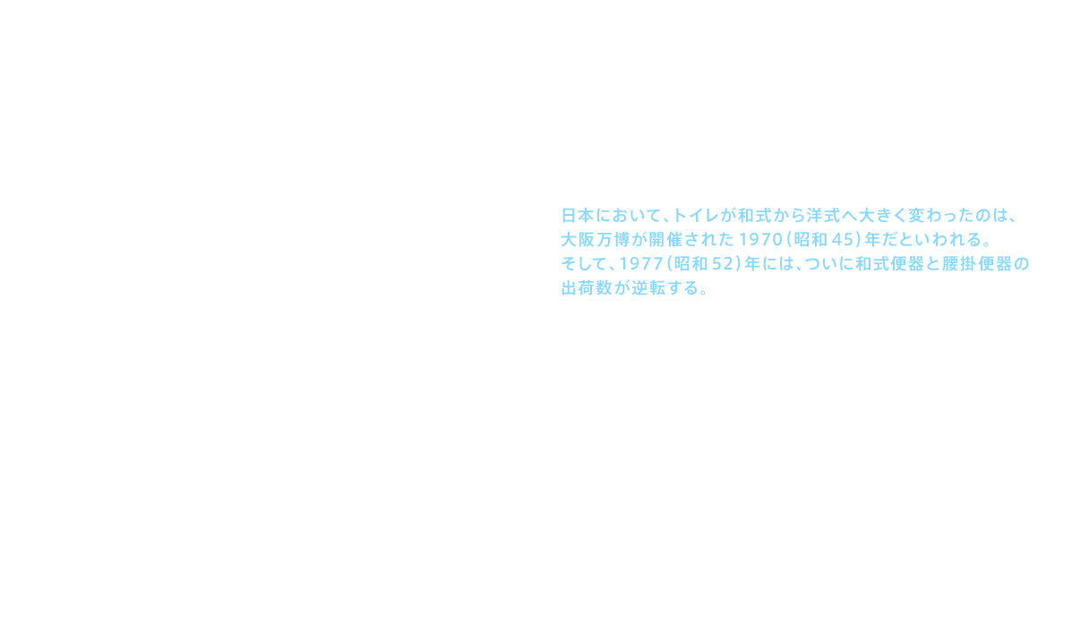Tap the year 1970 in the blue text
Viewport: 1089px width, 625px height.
(x=759, y=240)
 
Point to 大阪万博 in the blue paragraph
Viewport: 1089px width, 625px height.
(x=596, y=240)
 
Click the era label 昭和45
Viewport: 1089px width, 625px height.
(x=819, y=240)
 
